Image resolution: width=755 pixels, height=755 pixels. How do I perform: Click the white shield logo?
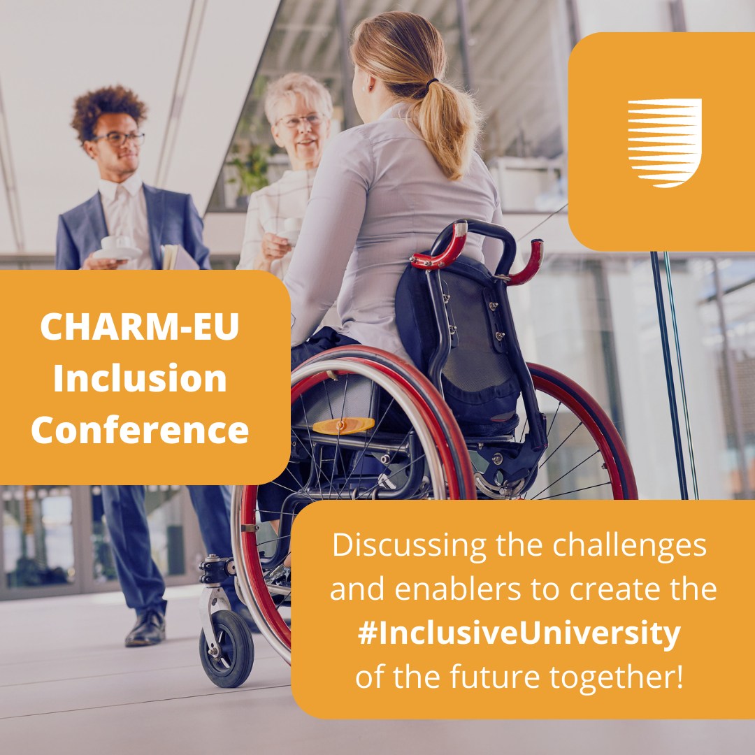tap(665, 143)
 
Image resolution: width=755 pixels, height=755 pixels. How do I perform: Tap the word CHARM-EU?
tap(140, 327)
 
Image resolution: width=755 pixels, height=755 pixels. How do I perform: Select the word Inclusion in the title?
tap(140, 378)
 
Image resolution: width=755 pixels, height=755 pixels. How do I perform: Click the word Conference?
tap(140, 430)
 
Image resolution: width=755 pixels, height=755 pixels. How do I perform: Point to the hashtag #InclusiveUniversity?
tap(519, 633)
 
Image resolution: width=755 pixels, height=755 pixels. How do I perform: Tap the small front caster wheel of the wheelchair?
tap(226, 648)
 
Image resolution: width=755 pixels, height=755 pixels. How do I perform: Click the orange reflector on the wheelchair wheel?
tap(343, 425)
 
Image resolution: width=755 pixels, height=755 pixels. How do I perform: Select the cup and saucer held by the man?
tap(116, 248)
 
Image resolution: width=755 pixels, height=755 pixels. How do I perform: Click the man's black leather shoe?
tap(146, 628)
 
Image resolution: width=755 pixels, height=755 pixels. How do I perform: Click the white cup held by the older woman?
tap(291, 230)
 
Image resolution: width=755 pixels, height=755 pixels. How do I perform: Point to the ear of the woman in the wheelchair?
tap(371, 82)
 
